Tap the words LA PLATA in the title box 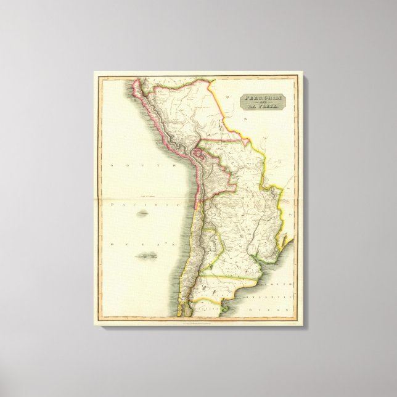(262, 108)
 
